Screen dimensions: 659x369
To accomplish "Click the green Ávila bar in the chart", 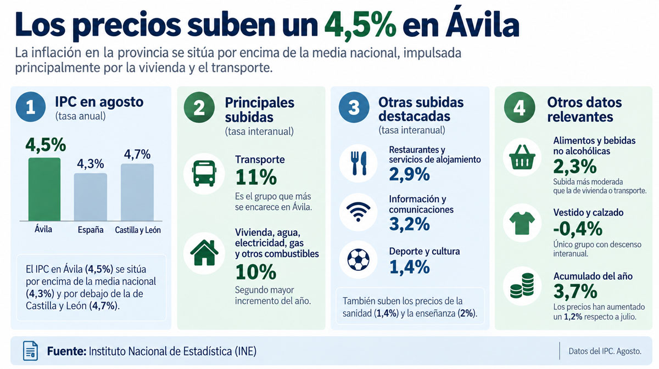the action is [x=44, y=189].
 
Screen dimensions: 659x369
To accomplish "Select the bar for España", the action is [x=90, y=197].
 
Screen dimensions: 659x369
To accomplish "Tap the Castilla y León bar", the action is [x=137, y=192].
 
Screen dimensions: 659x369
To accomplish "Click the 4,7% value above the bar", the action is [x=137, y=154].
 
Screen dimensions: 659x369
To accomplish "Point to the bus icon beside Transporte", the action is [x=204, y=173].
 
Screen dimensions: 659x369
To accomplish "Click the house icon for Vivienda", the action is [x=204, y=253].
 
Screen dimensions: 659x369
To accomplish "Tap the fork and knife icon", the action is [x=359, y=163].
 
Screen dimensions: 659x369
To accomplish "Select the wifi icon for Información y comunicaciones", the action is [x=358, y=212].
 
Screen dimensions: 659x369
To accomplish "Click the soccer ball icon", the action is [x=358, y=260].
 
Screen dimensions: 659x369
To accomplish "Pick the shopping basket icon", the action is [x=522, y=157].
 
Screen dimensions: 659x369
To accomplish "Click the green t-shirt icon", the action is [x=522, y=223].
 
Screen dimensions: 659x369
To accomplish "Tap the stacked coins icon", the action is [x=522, y=286].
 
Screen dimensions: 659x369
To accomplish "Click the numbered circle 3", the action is [x=354, y=107].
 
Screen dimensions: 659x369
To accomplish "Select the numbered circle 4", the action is [x=520, y=107].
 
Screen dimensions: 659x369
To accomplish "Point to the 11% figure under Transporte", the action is [x=256, y=177].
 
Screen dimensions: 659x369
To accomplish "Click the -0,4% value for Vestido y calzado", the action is [x=578, y=229].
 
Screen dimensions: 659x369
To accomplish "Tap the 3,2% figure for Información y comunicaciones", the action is [x=409, y=224].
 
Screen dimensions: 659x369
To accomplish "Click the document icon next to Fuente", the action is [x=30, y=351].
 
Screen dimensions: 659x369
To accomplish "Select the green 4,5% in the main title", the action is [x=360, y=25].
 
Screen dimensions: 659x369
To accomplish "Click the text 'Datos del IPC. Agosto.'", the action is [x=605, y=351].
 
